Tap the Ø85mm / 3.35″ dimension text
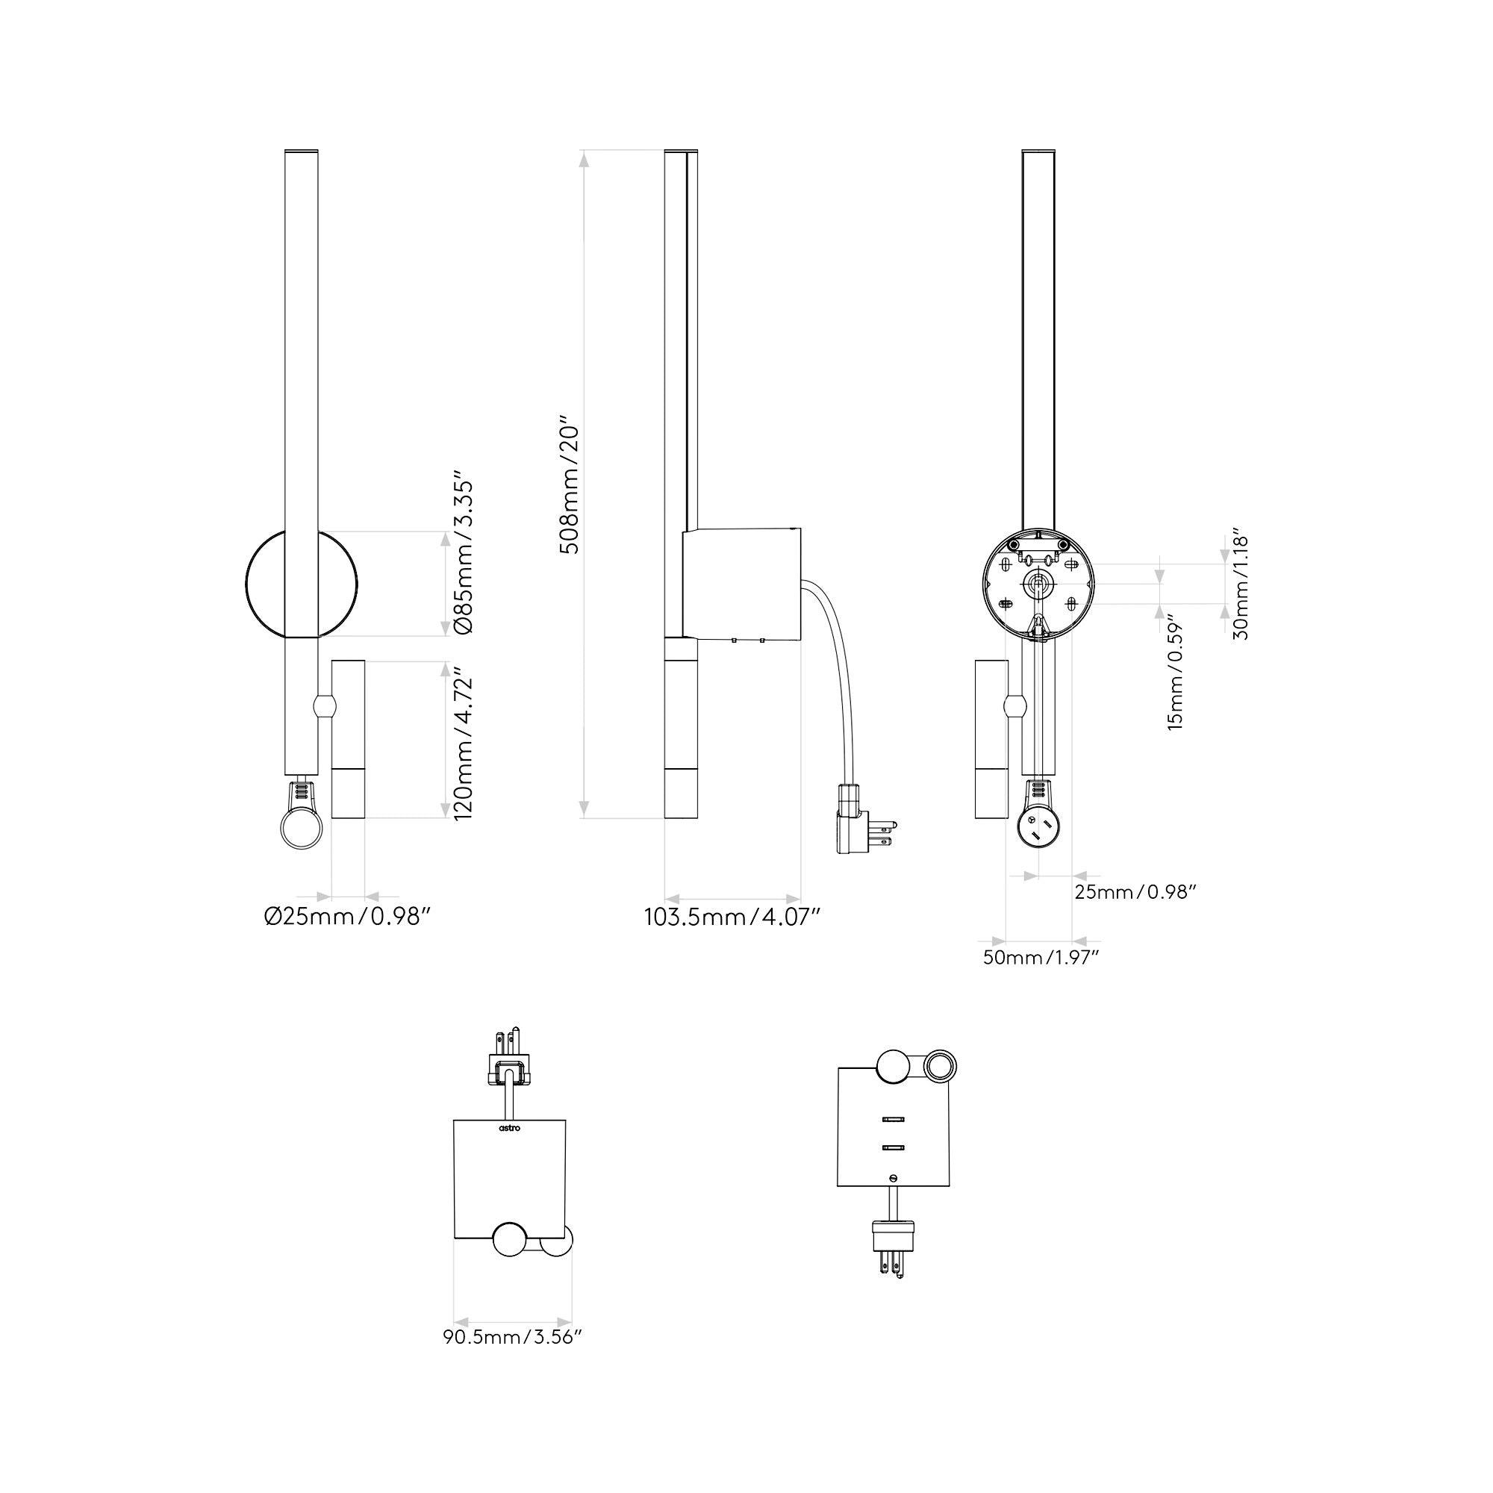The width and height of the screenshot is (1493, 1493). pos(461,558)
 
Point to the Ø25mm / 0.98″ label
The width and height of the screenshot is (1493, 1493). pos(346,917)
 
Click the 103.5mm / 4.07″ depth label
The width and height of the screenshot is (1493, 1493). pos(732,917)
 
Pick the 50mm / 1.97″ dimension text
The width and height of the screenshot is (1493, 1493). pos(1041,958)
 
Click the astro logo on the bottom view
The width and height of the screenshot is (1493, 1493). pos(509,1128)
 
